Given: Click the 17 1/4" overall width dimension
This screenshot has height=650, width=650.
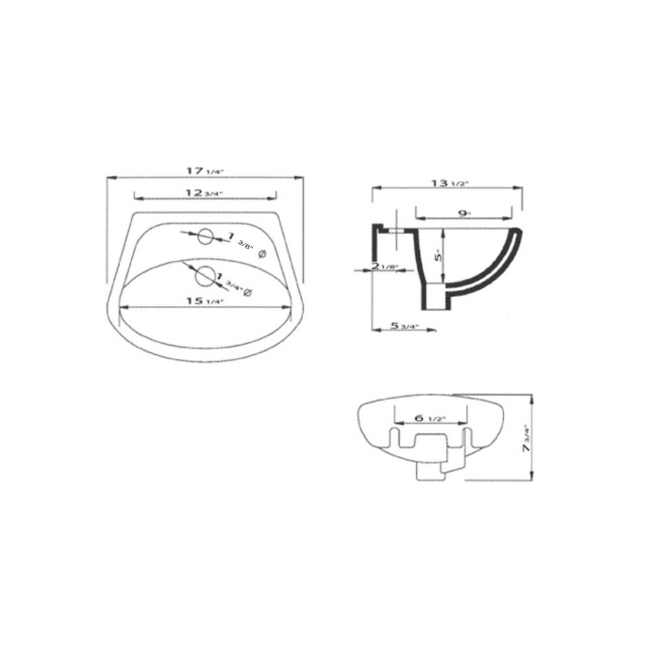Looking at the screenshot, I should pos(205,171).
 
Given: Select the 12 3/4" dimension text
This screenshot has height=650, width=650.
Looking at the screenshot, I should pos(204,192).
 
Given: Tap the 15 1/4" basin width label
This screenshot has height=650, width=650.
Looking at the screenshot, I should pos(204,301).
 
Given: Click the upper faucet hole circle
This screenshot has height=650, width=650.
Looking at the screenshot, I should pos(205,237).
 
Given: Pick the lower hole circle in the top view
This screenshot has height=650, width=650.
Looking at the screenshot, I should pos(205,275).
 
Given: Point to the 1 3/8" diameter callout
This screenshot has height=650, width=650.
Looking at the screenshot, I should pos(244,243).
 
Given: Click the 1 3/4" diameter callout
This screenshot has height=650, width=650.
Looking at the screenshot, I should pos(234,285).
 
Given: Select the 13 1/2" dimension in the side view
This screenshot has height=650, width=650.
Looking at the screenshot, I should pos(449,183).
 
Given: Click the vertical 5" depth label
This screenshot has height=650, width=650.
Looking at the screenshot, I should pos(439,255).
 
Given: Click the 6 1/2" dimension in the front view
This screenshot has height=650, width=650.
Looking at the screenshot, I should pos(430,418).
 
